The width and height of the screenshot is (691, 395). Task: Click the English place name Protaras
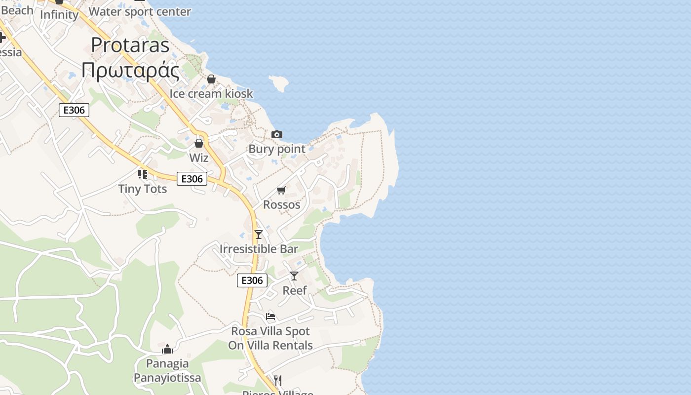pyautogui.click(x=130, y=45)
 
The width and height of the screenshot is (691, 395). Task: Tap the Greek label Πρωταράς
pyautogui.click(x=130, y=70)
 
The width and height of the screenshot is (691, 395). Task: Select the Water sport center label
pyautogui.click(x=140, y=11)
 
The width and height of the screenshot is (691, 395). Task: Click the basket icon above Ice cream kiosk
pyautogui.click(x=211, y=79)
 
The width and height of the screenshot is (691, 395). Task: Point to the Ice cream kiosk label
pyautogui.click(x=211, y=93)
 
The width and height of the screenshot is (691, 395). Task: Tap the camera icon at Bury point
pyautogui.click(x=277, y=134)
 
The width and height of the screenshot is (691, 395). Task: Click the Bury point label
pyautogui.click(x=277, y=149)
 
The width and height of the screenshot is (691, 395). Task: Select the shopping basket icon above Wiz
pyautogui.click(x=199, y=143)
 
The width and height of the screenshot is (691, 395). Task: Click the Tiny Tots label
pyautogui.click(x=143, y=189)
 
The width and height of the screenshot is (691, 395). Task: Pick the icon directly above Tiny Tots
pyautogui.click(x=143, y=174)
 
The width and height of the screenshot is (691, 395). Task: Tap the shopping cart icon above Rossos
pyautogui.click(x=281, y=190)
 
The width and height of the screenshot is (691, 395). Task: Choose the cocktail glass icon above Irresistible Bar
pyautogui.click(x=259, y=234)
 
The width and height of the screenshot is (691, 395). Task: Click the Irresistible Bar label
pyautogui.click(x=259, y=249)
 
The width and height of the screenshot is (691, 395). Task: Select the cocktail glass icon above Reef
pyautogui.click(x=294, y=276)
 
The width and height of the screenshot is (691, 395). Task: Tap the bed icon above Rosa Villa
pyautogui.click(x=270, y=316)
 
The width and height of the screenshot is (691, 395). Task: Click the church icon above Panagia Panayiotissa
pyautogui.click(x=167, y=349)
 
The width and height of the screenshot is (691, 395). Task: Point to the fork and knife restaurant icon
pyautogui.click(x=278, y=380)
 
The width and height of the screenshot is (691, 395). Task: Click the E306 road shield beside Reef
pyautogui.click(x=252, y=280)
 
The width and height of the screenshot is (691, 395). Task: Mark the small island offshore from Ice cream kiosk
pyautogui.click(x=279, y=83)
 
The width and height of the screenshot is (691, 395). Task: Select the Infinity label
pyautogui.click(x=59, y=15)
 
